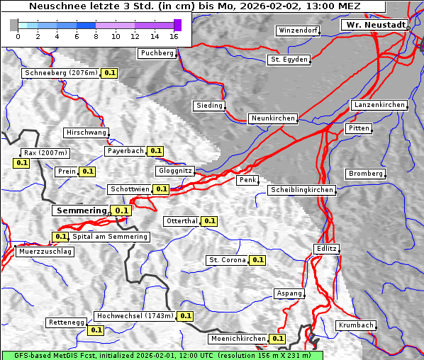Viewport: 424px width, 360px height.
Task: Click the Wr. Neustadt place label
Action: coord(375,25)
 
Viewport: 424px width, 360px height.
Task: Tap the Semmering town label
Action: coord(81,210)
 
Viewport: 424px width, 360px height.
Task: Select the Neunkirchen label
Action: coord(272,118)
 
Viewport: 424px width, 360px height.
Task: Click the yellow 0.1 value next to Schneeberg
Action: coord(110,73)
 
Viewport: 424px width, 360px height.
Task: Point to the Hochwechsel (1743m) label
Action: coord(135,316)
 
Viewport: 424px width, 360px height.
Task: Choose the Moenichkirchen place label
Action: coord(238,339)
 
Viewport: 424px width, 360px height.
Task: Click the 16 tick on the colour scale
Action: coord(174,36)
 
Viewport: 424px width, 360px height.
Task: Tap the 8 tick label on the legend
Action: coord(96,36)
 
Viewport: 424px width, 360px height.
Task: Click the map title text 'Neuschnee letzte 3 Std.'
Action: coord(85,6)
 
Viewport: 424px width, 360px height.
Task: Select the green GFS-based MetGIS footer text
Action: coord(162,355)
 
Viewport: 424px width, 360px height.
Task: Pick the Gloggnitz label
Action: coord(174,171)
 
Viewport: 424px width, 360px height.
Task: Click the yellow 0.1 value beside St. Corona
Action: coord(257,260)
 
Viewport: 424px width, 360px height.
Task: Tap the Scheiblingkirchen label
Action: coord(301,190)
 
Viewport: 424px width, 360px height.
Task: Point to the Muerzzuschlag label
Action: coord(44,252)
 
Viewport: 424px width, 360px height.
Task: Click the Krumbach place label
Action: coord(355,325)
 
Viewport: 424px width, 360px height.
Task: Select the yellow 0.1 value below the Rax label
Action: coord(21,163)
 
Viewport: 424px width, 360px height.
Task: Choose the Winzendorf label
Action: coord(298,30)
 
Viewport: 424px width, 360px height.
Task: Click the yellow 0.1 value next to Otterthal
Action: coord(209,221)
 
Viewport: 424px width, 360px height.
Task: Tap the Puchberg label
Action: coord(157,53)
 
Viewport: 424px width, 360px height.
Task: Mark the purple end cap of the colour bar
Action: coord(177,25)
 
